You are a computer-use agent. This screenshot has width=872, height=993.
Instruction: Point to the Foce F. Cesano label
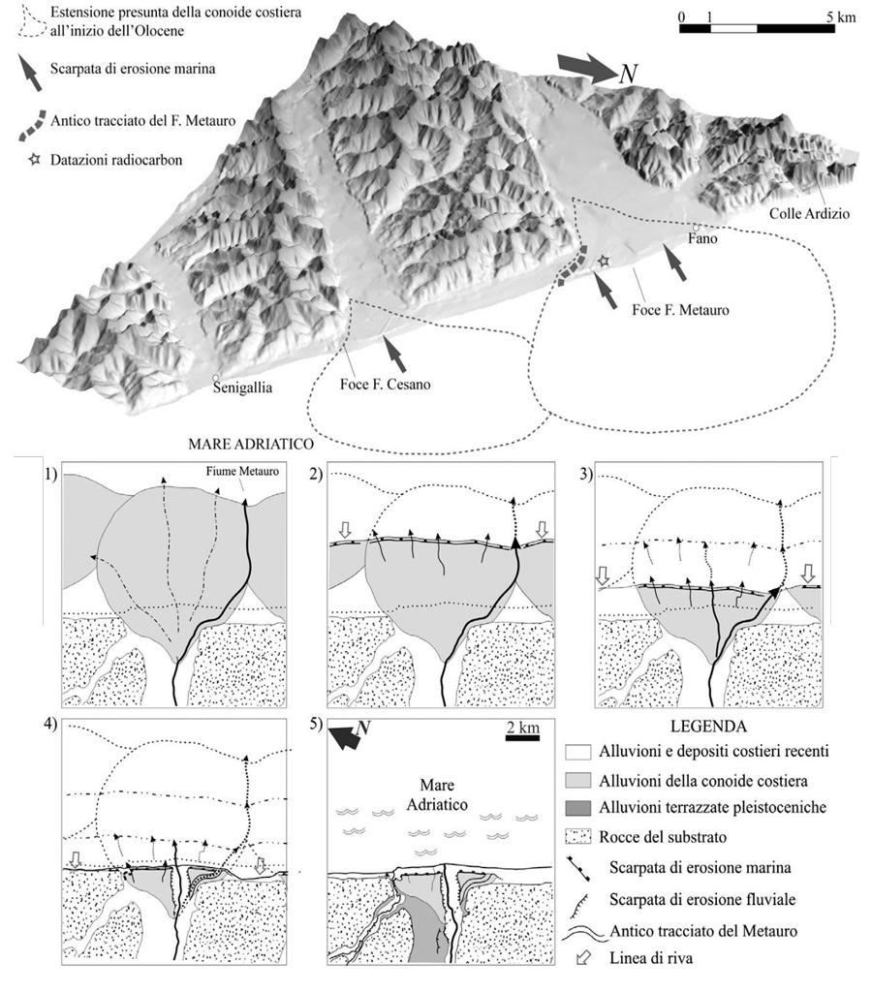(387, 384)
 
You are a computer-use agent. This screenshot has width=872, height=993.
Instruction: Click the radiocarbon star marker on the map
(605, 261)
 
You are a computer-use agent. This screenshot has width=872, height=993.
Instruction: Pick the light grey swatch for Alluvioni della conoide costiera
(576, 774)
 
